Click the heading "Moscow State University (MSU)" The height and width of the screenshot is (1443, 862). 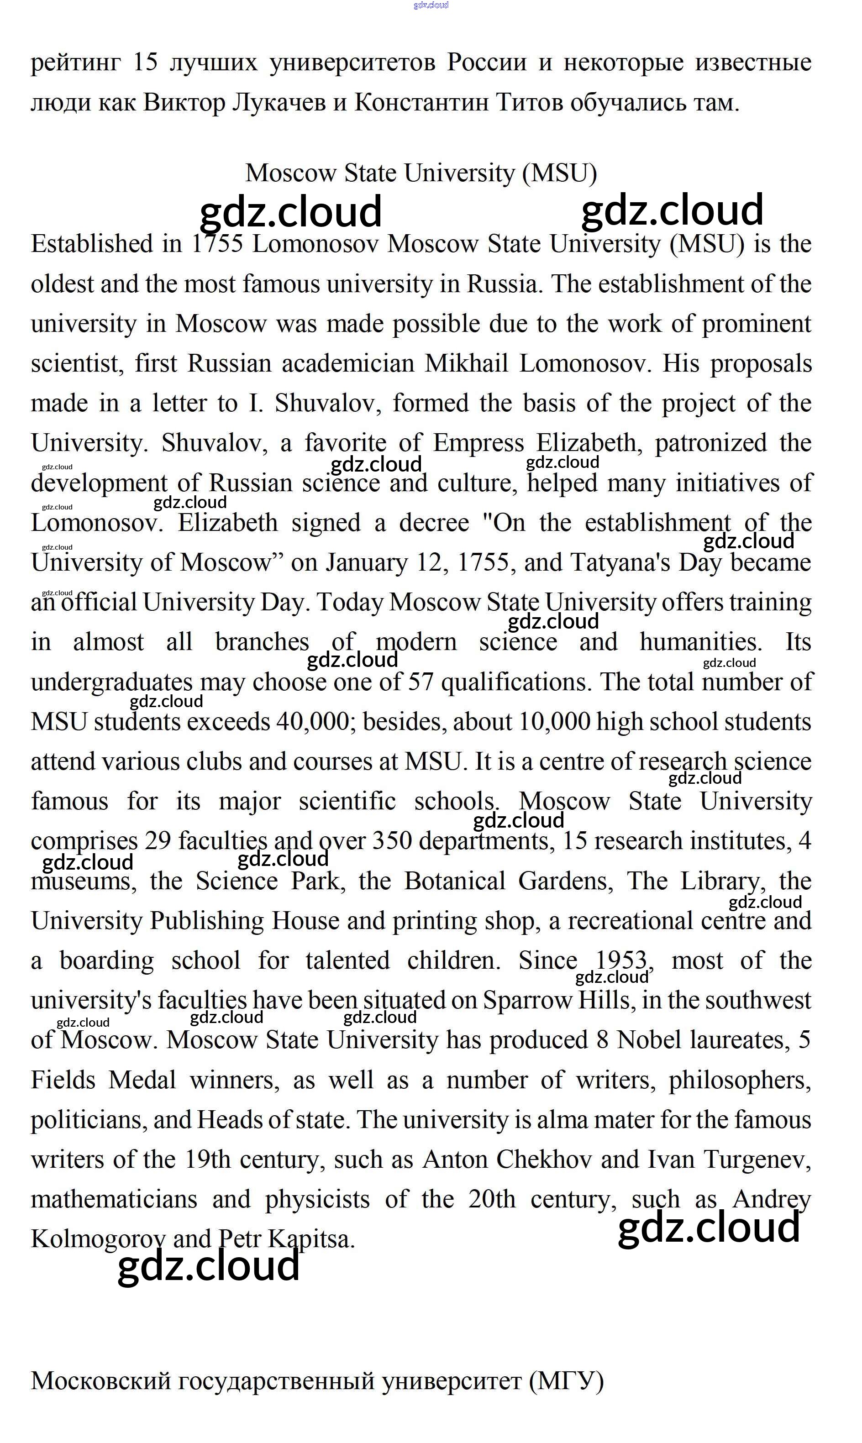pos(420,173)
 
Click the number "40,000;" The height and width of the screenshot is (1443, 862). pos(312,722)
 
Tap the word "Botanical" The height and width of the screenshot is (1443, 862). pos(455,882)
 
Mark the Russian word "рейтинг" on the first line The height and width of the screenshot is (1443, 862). pos(75,63)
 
